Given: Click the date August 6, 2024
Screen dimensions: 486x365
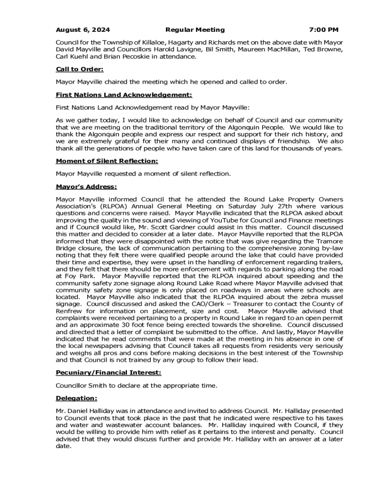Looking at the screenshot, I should pos(82,29).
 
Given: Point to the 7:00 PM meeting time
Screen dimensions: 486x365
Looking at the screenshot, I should pos(323,29).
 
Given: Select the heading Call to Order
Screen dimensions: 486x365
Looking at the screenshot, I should pos(79,69).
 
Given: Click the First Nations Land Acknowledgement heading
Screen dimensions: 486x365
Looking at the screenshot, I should pos(124,94).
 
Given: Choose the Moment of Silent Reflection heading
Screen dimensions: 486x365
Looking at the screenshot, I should pos(107,161).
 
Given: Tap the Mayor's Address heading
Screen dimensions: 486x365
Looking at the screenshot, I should pos(86,187).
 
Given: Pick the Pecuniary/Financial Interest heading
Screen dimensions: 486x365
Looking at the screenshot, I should pos(109,373).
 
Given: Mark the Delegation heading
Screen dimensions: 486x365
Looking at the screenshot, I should pos(76,398).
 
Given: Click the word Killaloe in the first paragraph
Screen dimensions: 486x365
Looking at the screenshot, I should pos(141,42).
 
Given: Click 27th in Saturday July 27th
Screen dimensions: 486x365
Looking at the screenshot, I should pos(282,206).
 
